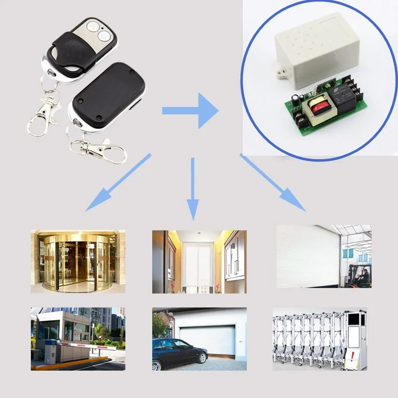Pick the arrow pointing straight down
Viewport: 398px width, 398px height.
coord(193,189)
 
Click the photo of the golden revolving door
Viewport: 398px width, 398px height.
coord(78,261)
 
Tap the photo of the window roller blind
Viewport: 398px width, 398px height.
coord(199,261)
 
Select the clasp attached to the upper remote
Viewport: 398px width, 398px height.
coord(43,114)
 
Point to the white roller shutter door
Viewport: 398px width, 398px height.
coord(308,256)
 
